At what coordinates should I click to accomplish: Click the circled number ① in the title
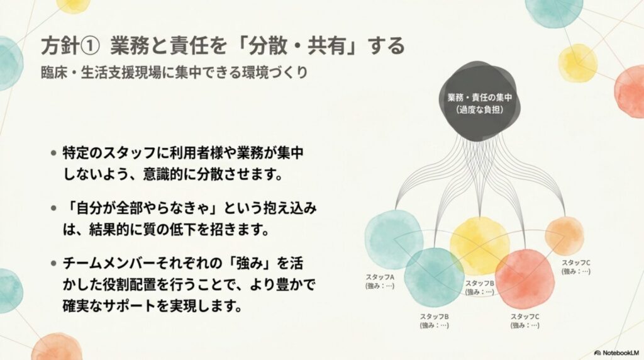point(89,45)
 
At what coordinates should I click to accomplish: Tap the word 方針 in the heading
point(60,45)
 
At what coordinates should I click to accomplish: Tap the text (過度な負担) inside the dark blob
point(479,110)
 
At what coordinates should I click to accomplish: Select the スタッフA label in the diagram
point(380,278)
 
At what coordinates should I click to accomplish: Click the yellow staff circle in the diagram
point(479,245)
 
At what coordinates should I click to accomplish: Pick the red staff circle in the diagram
point(525,279)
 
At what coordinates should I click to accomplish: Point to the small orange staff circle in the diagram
point(564,235)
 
